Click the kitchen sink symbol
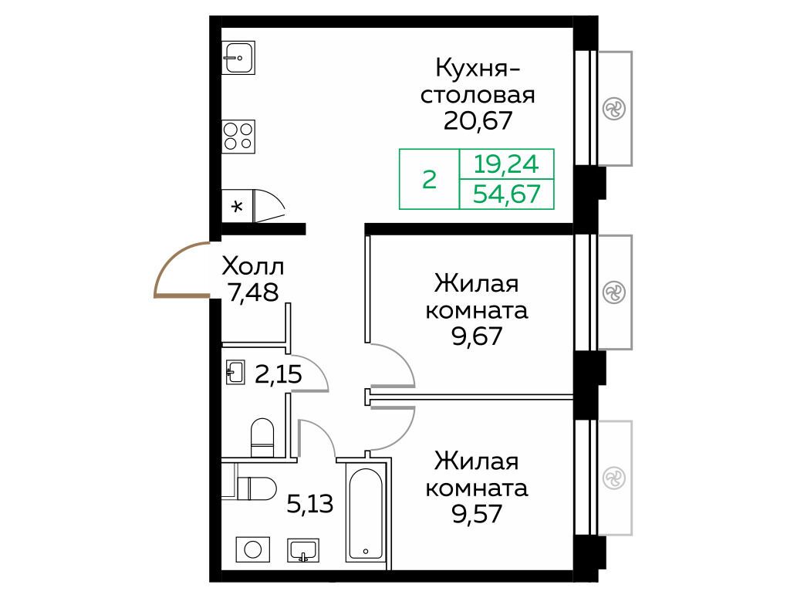click(x=238, y=57)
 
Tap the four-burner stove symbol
click(x=238, y=137)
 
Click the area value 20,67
click(x=478, y=121)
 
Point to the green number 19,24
click(x=506, y=164)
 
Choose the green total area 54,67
click(x=506, y=194)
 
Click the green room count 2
click(x=429, y=179)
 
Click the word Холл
click(x=252, y=267)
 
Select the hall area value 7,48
click(x=252, y=292)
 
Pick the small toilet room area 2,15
click(x=279, y=374)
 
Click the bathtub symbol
click(x=366, y=514)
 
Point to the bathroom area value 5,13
click(x=309, y=504)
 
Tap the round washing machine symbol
click(x=253, y=549)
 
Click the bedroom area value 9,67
click(x=477, y=336)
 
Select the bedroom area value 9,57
click(x=477, y=514)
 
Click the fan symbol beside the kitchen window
click(x=614, y=109)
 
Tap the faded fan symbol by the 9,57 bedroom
click(x=614, y=478)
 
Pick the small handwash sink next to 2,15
click(x=235, y=372)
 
